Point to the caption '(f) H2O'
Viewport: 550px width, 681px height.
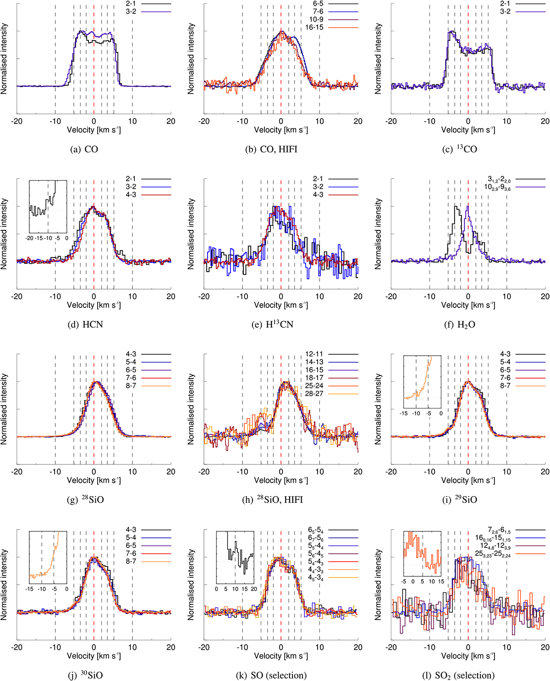point(460,324)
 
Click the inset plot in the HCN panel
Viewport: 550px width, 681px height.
point(48,207)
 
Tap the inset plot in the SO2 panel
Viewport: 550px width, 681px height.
point(422,558)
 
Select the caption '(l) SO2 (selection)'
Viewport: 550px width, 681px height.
point(458,675)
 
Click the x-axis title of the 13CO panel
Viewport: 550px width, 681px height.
point(468,130)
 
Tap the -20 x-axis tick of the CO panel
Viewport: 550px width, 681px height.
point(17,121)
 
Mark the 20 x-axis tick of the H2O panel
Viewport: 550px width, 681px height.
point(545,296)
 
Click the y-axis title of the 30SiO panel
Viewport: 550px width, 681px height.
point(4,584)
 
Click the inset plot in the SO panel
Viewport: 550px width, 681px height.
point(235,558)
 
